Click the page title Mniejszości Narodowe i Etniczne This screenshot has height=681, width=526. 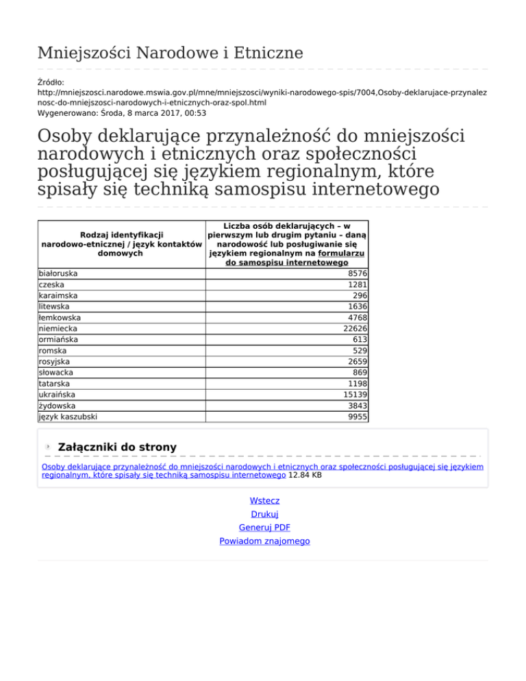170,52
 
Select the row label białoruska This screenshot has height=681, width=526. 58,273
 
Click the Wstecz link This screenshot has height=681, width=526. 264,501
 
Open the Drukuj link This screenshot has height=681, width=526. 264,515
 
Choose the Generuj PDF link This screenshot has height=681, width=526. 264,528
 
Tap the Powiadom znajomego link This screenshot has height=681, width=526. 264,541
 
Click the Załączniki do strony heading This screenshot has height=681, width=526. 118,447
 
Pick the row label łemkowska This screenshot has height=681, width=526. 60,317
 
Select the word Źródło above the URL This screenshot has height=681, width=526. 49,82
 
